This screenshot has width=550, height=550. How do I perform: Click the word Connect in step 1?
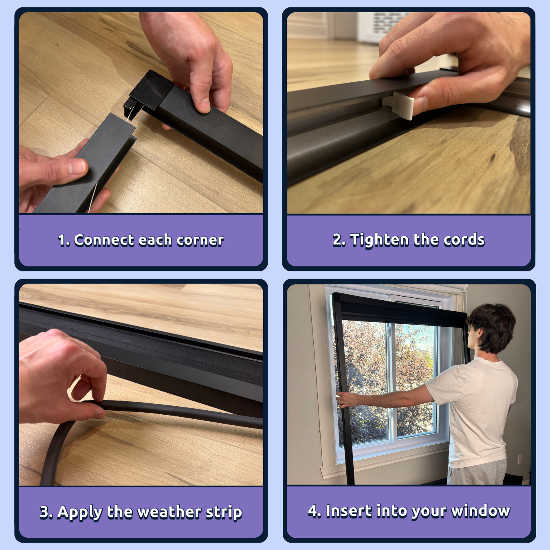104,240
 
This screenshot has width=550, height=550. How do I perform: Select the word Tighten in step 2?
379,240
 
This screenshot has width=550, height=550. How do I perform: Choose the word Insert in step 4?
349,511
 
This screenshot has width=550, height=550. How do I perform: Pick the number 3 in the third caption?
45,512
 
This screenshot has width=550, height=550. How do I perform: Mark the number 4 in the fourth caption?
313,511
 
